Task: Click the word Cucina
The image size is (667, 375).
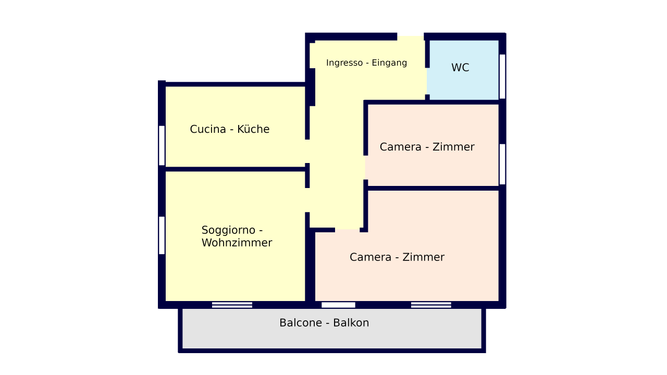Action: (x=208, y=129)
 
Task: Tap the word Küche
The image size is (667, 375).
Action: (x=253, y=129)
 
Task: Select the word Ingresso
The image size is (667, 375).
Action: (x=344, y=63)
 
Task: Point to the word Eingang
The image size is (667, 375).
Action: (x=389, y=63)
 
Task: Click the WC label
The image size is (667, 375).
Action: (x=460, y=68)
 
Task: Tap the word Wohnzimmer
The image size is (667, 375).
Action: (x=237, y=243)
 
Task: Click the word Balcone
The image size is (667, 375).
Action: (x=301, y=323)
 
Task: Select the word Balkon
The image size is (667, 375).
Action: (x=351, y=323)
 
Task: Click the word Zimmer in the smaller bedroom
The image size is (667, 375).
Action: (x=453, y=147)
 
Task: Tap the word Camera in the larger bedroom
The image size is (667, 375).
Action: (x=370, y=257)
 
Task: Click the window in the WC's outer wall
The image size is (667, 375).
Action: (x=502, y=76)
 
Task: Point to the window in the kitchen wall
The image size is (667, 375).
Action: (x=162, y=145)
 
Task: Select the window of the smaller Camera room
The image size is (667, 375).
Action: (x=502, y=164)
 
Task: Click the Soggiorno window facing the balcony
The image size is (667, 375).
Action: (x=232, y=305)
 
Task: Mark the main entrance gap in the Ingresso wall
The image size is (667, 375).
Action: (x=410, y=36)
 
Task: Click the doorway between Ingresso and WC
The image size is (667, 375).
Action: (x=427, y=81)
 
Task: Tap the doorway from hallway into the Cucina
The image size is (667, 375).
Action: (x=307, y=151)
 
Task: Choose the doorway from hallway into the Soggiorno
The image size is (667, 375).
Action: (x=307, y=200)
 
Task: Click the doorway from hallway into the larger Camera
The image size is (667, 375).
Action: (x=348, y=230)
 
